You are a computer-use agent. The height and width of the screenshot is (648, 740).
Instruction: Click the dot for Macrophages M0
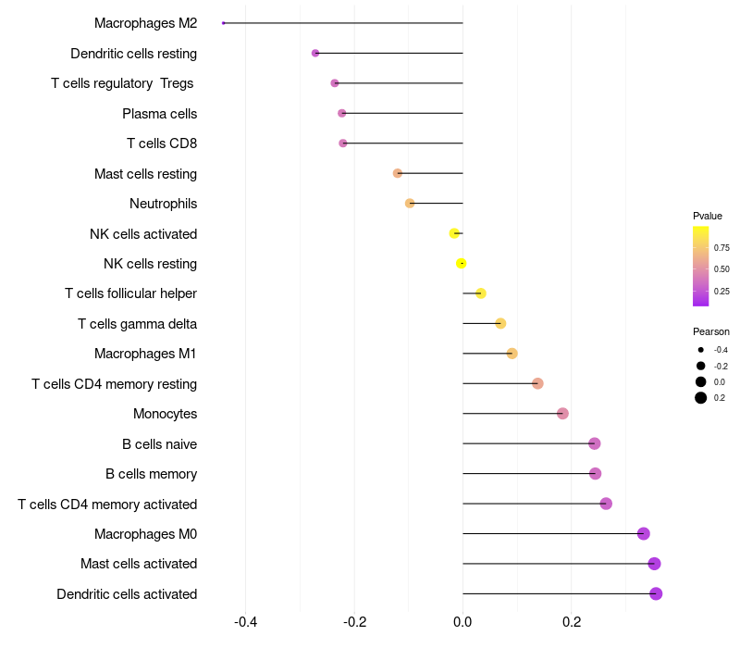644,533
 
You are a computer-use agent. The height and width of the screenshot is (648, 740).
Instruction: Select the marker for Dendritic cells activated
656,593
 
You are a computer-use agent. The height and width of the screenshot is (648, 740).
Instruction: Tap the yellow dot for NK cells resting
462,264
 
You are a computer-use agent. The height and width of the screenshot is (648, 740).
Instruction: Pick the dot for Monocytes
562,414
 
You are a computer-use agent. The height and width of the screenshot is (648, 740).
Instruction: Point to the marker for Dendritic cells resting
315,54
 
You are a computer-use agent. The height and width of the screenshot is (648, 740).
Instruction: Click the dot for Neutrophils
410,204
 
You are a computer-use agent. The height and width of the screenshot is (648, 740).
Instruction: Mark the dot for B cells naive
594,443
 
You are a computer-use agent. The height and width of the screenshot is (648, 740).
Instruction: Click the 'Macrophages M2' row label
145,23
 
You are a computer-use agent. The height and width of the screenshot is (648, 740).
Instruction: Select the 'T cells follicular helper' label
130,293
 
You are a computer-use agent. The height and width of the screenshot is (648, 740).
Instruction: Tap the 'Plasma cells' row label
159,114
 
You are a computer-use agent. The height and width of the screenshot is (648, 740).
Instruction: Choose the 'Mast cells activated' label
139,564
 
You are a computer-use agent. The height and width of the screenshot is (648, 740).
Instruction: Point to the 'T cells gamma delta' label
137,324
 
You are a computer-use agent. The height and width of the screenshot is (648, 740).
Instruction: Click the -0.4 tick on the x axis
245,622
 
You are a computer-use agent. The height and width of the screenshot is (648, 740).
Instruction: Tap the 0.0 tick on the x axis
462,622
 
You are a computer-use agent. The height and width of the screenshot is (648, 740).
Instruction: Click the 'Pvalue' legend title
708,216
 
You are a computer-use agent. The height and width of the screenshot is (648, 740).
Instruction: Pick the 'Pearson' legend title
711,331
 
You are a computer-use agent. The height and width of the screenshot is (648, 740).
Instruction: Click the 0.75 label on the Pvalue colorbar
721,248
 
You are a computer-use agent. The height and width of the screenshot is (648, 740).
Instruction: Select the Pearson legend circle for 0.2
701,398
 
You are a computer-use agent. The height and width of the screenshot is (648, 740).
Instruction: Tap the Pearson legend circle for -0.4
701,350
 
